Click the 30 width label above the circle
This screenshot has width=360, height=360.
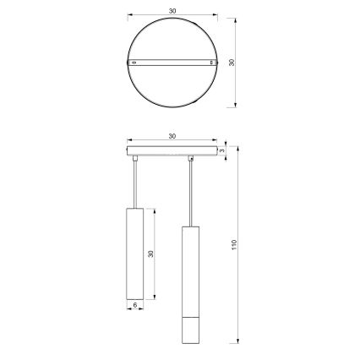[172, 12]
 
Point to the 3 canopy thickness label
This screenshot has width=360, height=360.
[221, 151]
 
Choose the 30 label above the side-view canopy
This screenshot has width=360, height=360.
[172, 136]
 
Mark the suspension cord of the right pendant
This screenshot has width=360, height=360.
[190, 191]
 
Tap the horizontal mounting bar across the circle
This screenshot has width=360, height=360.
[172, 63]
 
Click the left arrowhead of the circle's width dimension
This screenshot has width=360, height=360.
[129, 17]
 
